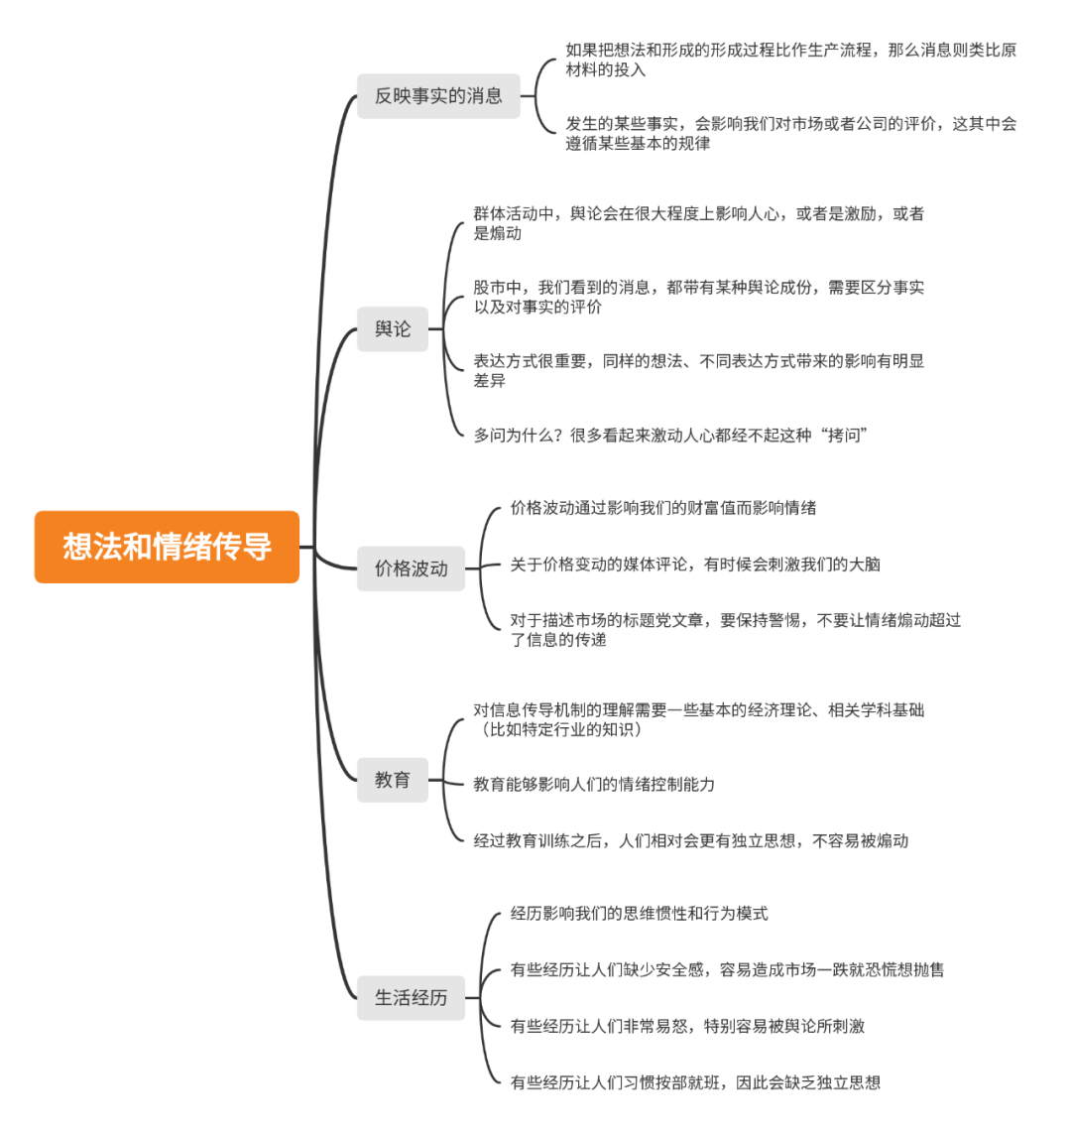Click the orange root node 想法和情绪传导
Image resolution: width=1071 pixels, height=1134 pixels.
pos(167,547)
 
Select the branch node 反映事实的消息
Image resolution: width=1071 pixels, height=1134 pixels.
pos(438,96)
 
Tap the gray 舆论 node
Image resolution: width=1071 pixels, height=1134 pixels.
pos(393,328)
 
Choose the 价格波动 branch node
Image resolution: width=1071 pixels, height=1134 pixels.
pos(411,568)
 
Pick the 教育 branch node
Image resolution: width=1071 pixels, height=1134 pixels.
pos(393,780)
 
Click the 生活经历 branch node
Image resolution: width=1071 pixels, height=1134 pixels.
pos(411,997)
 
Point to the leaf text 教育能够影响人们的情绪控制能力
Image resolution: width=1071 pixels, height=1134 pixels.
pos(594,784)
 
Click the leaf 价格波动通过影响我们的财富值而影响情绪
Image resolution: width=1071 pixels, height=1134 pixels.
pos(663,508)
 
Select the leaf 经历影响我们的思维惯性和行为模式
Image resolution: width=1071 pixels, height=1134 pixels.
pos(639,913)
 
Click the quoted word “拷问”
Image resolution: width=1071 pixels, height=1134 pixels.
pos(844,435)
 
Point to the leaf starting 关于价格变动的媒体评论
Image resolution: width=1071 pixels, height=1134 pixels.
pos(695,565)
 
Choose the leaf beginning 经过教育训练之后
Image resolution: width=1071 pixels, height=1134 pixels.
pos(690,840)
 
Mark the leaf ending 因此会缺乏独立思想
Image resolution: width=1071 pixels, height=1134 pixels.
pos(695,1082)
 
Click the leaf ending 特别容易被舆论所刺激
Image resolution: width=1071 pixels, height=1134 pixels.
pos(687,1026)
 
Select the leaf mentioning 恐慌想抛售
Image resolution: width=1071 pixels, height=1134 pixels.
pos(727,969)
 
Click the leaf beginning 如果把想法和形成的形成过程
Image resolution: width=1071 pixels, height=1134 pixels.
pos(790,60)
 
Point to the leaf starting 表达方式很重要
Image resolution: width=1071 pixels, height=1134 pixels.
pos(698,370)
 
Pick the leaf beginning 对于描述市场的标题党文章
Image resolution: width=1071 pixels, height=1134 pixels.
pos(735,630)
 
